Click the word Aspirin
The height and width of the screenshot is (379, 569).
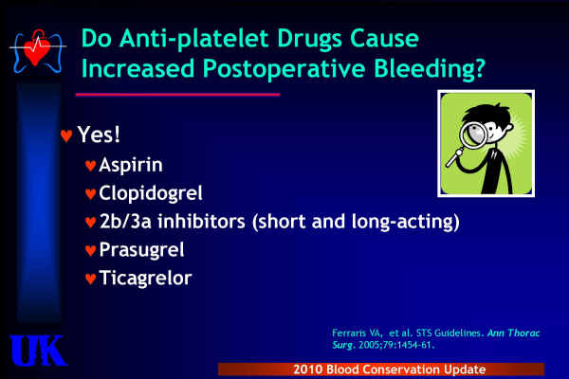point(131,166)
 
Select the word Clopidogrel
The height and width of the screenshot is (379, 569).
point(151,193)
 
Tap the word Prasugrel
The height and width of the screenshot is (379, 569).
point(141,250)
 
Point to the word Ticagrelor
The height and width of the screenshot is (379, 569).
point(145,279)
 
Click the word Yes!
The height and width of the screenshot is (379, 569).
point(99,135)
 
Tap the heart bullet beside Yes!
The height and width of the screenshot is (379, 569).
point(66,136)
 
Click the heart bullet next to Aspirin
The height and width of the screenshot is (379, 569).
point(90,166)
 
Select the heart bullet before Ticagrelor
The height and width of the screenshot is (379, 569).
point(90,279)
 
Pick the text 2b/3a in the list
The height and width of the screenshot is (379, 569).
point(125,222)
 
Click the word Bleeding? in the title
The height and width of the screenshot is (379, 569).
point(430,69)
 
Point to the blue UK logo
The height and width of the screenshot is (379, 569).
point(38,351)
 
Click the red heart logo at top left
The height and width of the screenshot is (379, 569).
point(36,51)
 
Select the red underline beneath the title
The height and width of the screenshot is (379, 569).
point(178,95)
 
